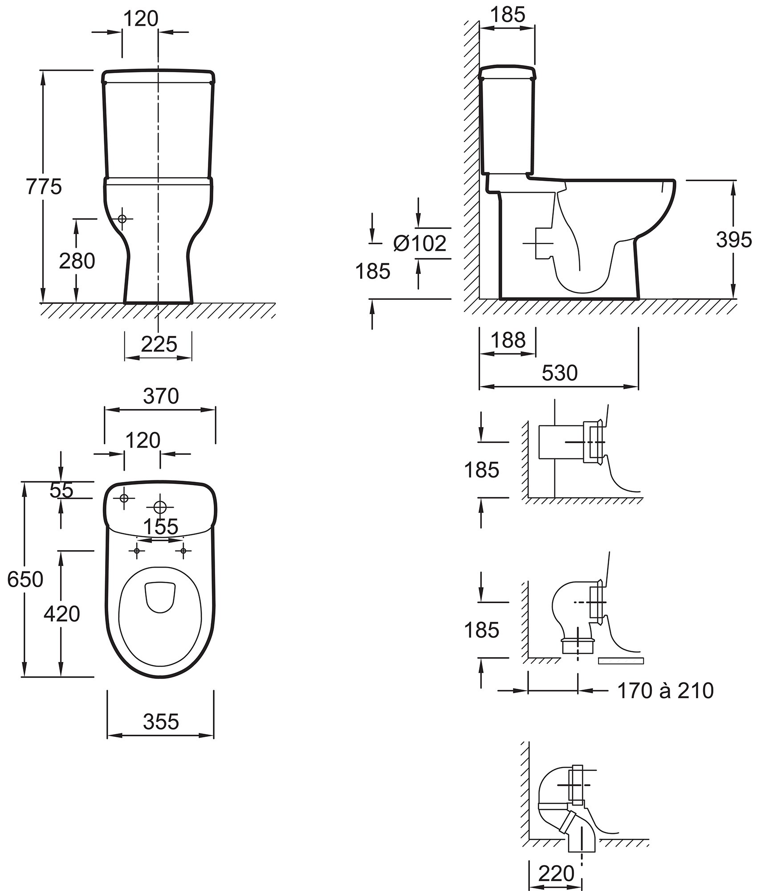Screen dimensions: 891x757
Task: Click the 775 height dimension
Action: pyautogui.click(x=44, y=187)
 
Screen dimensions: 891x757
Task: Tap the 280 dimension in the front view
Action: pyautogui.click(x=77, y=262)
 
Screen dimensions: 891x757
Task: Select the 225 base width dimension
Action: pyautogui.click(x=159, y=344)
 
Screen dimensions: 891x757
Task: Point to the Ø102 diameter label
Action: pyautogui.click(x=419, y=243)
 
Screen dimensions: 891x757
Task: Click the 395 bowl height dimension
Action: pyautogui.click(x=733, y=241)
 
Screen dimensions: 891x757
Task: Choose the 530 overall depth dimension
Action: pyautogui.click(x=559, y=373)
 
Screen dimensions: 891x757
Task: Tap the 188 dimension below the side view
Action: pyautogui.click(x=508, y=341)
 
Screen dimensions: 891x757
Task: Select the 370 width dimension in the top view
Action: pyautogui.click(x=160, y=396)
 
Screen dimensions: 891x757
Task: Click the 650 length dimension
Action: pyautogui.click(x=25, y=580)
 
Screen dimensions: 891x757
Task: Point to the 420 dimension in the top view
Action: pyautogui.click(x=62, y=614)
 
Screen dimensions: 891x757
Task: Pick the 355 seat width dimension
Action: pyautogui.click(x=161, y=722)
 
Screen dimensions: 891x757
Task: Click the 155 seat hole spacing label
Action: pyautogui.click(x=161, y=527)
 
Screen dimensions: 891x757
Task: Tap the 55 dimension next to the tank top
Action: pyautogui.click(x=61, y=490)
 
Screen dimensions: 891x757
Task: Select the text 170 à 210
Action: pyautogui.click(x=665, y=691)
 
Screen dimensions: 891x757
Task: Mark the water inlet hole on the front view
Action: pyautogui.click(x=122, y=219)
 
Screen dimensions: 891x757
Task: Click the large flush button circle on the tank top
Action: pyautogui.click(x=160, y=507)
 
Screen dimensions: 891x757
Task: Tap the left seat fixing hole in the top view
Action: pyautogui.click(x=137, y=552)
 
